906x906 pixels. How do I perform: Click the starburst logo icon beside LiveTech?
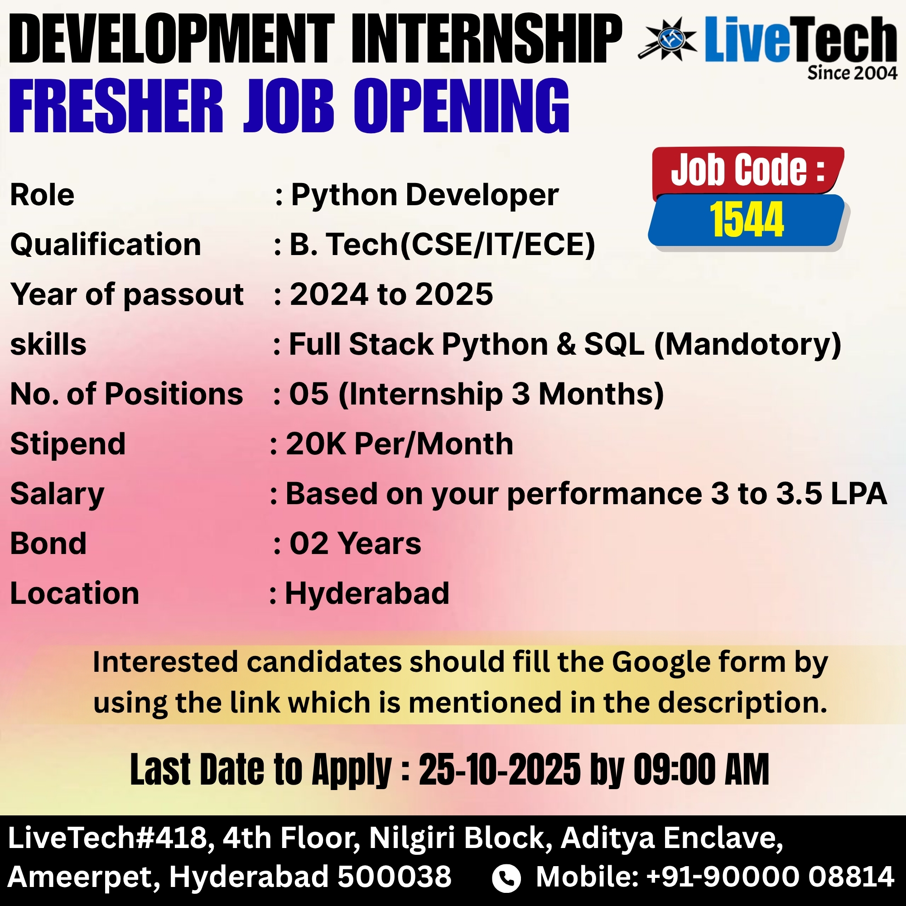pyautogui.click(x=667, y=39)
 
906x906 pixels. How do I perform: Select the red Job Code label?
pyautogui.click(x=748, y=170)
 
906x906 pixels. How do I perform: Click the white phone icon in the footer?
pyautogui.click(x=506, y=878)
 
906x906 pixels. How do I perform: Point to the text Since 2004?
pyautogui.click(x=852, y=73)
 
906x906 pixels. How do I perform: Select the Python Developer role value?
pyautogui.click(x=425, y=195)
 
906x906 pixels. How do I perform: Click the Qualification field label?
pyautogui.click(x=106, y=245)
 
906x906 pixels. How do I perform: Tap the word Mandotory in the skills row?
pyautogui.click(x=748, y=345)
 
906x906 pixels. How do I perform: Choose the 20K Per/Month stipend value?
pyautogui.click(x=400, y=443)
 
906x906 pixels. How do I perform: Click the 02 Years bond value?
pyautogui.click(x=356, y=544)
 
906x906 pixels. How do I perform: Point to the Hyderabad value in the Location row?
pyautogui.click(x=367, y=594)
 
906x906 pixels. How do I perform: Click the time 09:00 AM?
pyautogui.click(x=702, y=770)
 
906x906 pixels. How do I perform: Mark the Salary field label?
pyautogui.click(x=57, y=495)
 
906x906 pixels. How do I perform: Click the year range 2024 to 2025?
pyautogui.click(x=391, y=294)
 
